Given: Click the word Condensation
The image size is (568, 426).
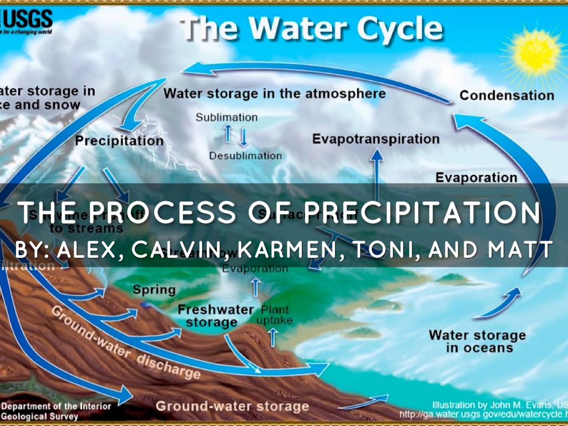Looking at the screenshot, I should click(x=506, y=95).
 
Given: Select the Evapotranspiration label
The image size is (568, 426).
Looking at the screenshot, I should click(x=376, y=139).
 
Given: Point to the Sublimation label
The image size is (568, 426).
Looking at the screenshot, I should click(x=226, y=118).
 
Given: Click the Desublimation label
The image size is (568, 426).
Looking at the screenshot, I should click(x=245, y=156).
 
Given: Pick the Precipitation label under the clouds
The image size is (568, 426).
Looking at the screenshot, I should click(x=119, y=140).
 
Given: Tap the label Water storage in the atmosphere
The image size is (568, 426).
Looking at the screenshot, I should click(x=274, y=93).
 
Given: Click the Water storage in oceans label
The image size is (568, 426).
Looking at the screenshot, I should click(x=477, y=341).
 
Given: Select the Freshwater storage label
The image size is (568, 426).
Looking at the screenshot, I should click(x=215, y=316).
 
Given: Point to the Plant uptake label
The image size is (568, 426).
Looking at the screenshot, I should click(x=275, y=315).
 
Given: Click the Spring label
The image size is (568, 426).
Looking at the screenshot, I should click(x=154, y=290).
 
